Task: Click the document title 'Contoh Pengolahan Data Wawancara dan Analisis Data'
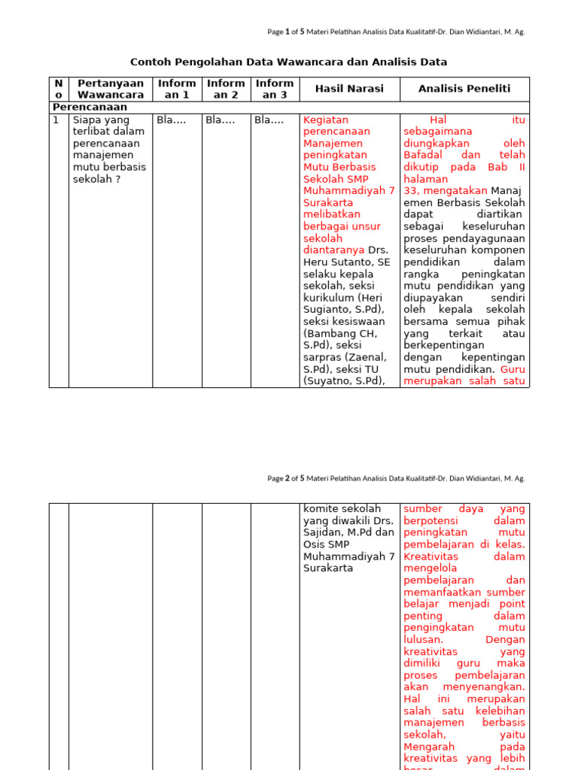point(288,62)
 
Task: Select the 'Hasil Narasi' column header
point(348,89)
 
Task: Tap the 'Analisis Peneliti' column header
point(464,89)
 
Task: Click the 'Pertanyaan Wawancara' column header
point(111,89)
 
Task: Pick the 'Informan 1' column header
point(177,89)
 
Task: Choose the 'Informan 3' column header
point(275,89)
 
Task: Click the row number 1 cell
point(56,120)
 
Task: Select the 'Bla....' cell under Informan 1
point(171,120)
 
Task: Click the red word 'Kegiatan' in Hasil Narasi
point(325,120)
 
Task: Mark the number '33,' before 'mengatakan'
point(412,191)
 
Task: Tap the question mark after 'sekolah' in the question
point(119,179)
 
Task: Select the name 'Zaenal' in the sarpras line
point(369,357)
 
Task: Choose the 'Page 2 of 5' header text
point(286,478)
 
